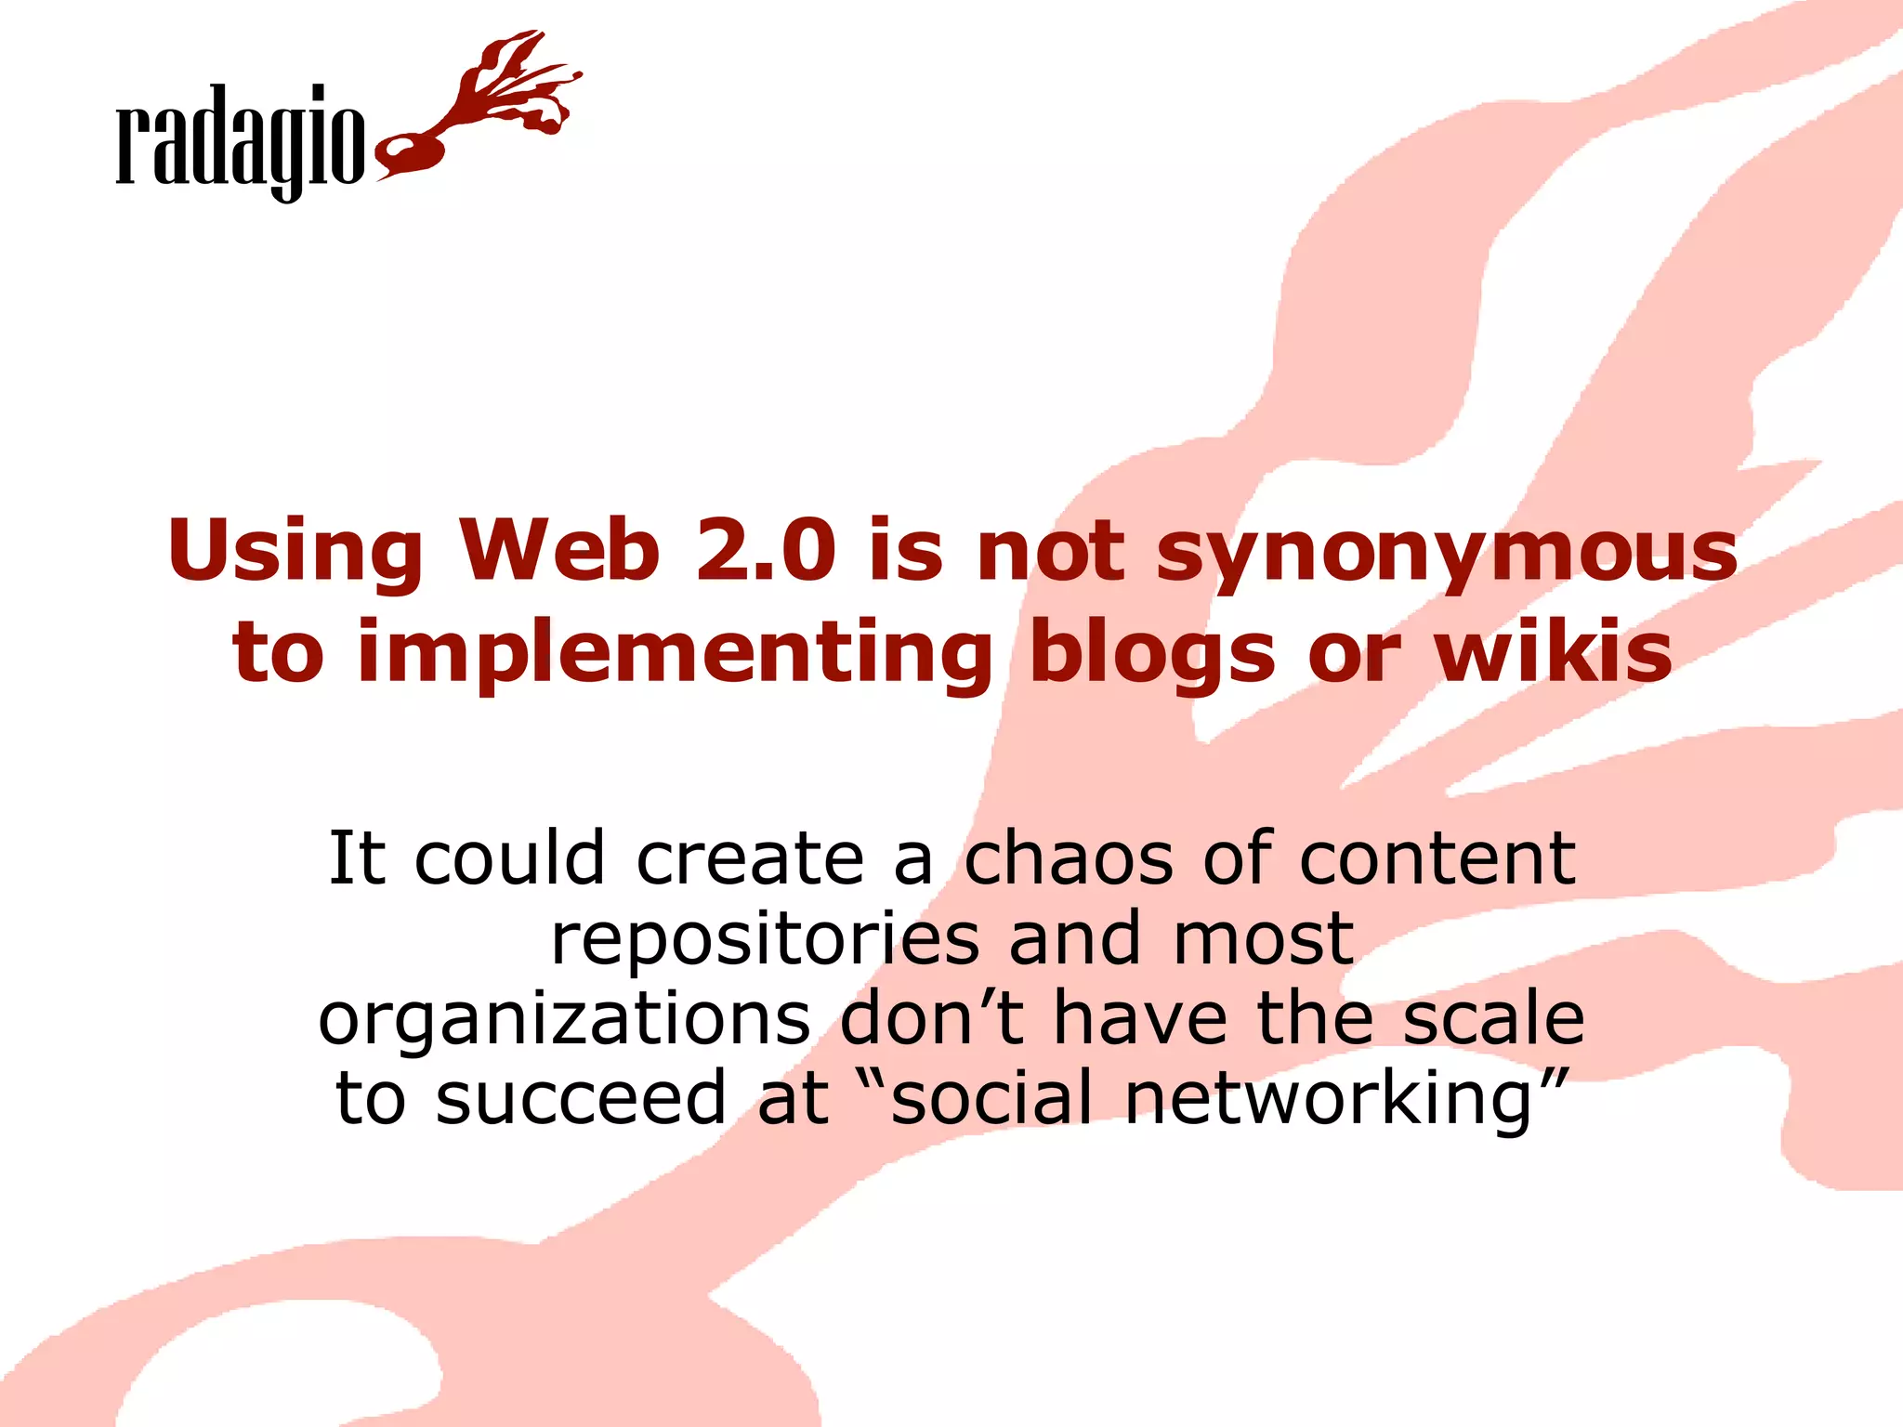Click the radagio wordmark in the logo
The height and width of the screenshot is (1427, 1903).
pos(240,139)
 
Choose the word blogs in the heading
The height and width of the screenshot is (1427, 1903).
pos(1153,653)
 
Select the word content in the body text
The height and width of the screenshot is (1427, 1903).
pos(1437,858)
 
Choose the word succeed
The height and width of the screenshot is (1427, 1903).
pos(581,1099)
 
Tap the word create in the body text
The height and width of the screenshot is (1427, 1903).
pos(751,858)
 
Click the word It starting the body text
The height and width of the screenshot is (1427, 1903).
pos(357,858)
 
